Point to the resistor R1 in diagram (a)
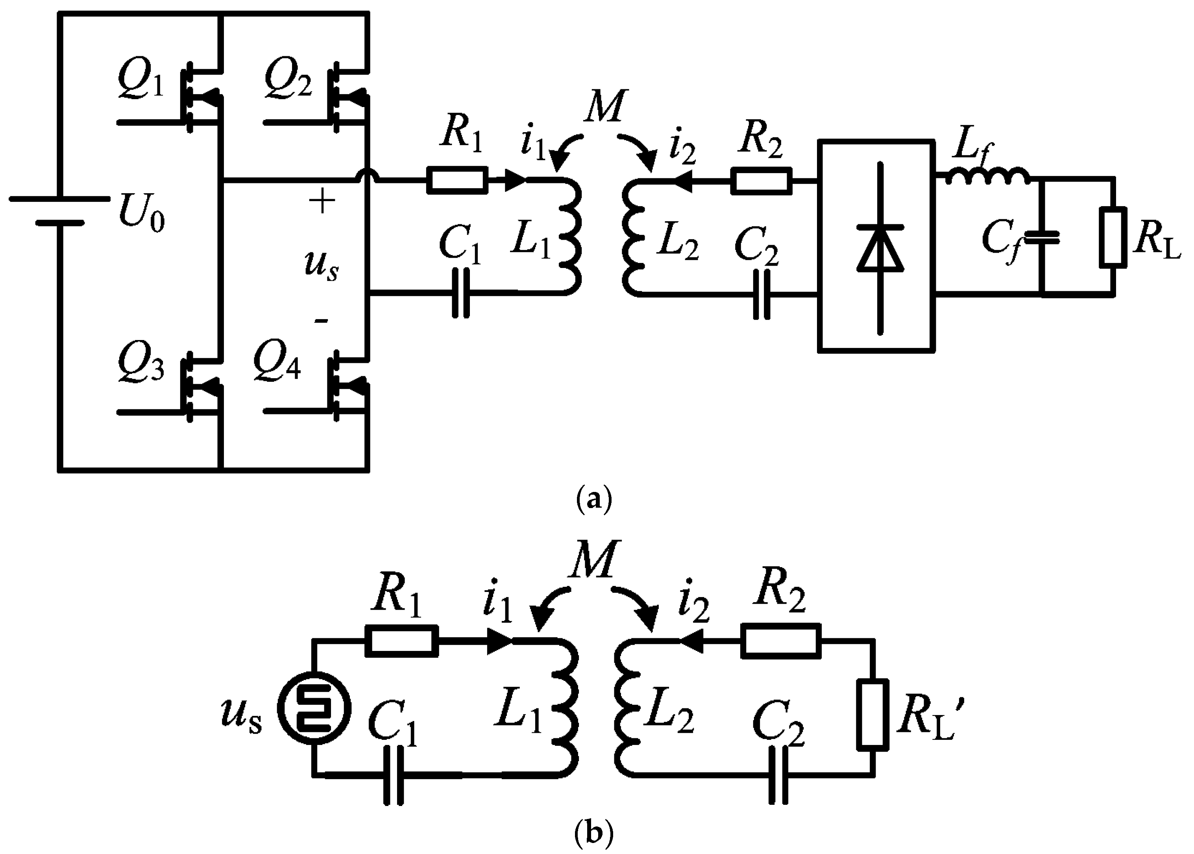(x=457, y=180)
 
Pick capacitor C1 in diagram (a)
(x=460, y=294)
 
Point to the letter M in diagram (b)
(x=593, y=560)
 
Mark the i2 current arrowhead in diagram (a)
(x=682, y=180)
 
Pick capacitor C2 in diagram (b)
(x=778, y=775)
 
